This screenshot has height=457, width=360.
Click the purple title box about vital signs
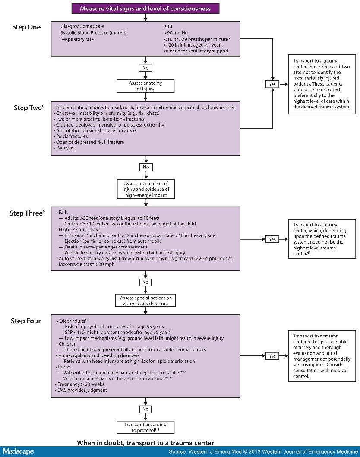pos(145,9)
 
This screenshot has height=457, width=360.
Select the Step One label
pos(26,27)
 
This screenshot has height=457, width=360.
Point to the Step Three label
pos(27,213)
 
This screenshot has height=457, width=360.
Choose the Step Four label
pos(25,321)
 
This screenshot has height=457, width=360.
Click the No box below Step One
pos(145,68)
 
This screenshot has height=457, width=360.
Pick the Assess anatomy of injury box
pos(145,86)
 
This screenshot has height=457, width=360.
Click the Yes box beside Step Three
pos(272,239)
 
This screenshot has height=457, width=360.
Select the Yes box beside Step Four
pos(272,356)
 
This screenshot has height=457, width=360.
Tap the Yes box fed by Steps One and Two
pos(272,84)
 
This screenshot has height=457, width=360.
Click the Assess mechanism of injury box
pos(146,189)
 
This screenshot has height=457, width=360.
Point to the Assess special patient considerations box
pos(145,301)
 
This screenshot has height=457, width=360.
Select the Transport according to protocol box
pos(145,427)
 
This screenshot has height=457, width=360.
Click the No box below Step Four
pos(145,409)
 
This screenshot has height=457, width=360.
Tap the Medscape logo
pos(19,451)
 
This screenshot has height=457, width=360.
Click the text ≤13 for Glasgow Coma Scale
pos(168,26)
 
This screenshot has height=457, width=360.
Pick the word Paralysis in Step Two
pos(65,148)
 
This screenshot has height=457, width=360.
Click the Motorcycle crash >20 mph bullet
pos(85,264)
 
